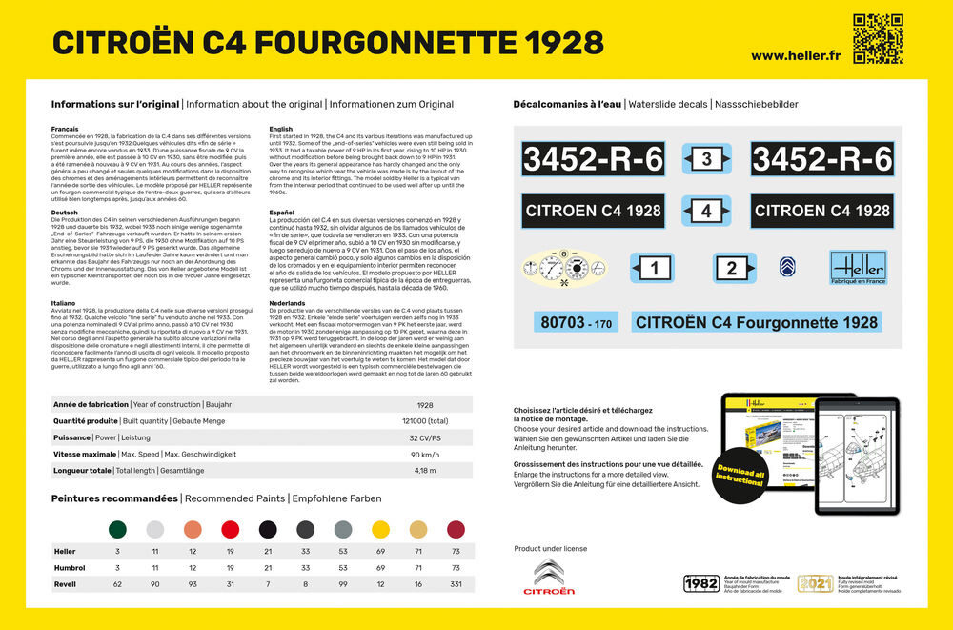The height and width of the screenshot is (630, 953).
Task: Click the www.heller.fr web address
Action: (794, 54)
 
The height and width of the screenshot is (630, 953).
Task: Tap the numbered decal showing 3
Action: (706, 159)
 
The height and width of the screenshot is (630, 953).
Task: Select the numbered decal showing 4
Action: (706, 211)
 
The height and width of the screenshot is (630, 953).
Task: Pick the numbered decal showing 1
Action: (653, 270)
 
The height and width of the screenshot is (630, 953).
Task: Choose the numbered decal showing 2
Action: (731, 269)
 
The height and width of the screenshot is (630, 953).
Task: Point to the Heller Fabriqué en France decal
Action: (857, 267)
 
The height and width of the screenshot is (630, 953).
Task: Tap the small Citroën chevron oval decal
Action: (787, 267)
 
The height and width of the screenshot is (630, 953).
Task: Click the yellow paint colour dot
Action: (380, 529)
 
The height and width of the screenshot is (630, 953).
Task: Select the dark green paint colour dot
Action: (117, 529)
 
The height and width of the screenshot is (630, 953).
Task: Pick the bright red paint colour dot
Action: (230, 529)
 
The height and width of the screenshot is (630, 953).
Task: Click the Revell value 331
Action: (456, 583)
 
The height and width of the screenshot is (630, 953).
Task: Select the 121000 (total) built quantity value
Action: (425, 421)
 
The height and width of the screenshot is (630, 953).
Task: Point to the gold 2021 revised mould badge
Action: (815, 582)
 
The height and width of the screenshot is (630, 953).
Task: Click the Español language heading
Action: (282, 212)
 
